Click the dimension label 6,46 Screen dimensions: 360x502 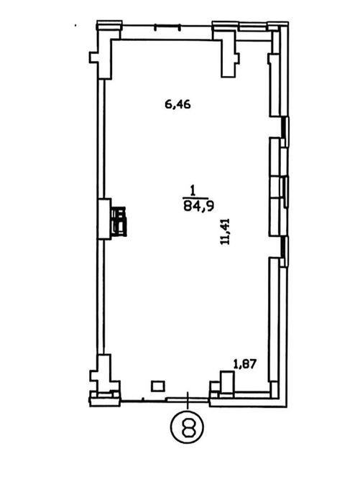click(x=177, y=104)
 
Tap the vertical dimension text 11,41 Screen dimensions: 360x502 click(x=225, y=231)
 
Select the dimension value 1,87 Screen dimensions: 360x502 click(x=245, y=364)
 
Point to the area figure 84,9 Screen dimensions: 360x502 click(x=198, y=207)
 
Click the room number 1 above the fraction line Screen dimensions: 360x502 click(x=193, y=191)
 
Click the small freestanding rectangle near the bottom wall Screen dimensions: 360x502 click(x=158, y=386)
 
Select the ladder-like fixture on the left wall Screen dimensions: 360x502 click(x=119, y=221)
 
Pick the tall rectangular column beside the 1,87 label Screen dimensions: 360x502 click(x=227, y=382)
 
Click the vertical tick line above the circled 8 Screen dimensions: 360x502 click(x=188, y=400)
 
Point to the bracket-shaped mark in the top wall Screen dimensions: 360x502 click(x=167, y=27)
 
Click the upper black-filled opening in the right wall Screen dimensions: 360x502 click(x=283, y=127)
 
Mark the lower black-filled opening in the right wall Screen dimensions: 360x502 click(x=283, y=247)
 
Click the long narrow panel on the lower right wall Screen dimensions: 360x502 click(x=274, y=320)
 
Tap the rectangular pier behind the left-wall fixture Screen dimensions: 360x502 click(x=104, y=219)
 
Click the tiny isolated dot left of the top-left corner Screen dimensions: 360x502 click(x=75, y=25)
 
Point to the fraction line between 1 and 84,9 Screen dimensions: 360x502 click(x=195, y=198)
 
